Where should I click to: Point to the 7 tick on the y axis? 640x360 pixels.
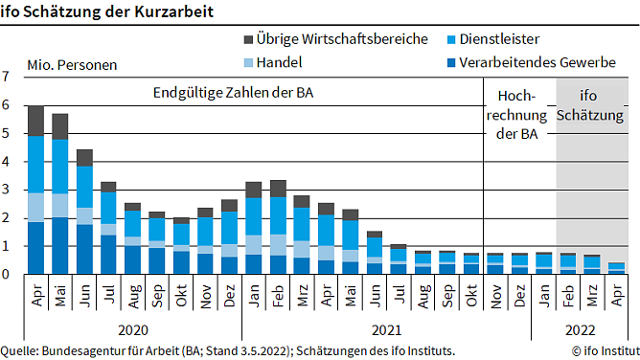[7, 77]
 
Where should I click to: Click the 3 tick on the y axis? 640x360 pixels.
[7, 190]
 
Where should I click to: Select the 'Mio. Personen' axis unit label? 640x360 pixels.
[72, 66]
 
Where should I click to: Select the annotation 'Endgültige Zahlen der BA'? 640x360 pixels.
[234, 94]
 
